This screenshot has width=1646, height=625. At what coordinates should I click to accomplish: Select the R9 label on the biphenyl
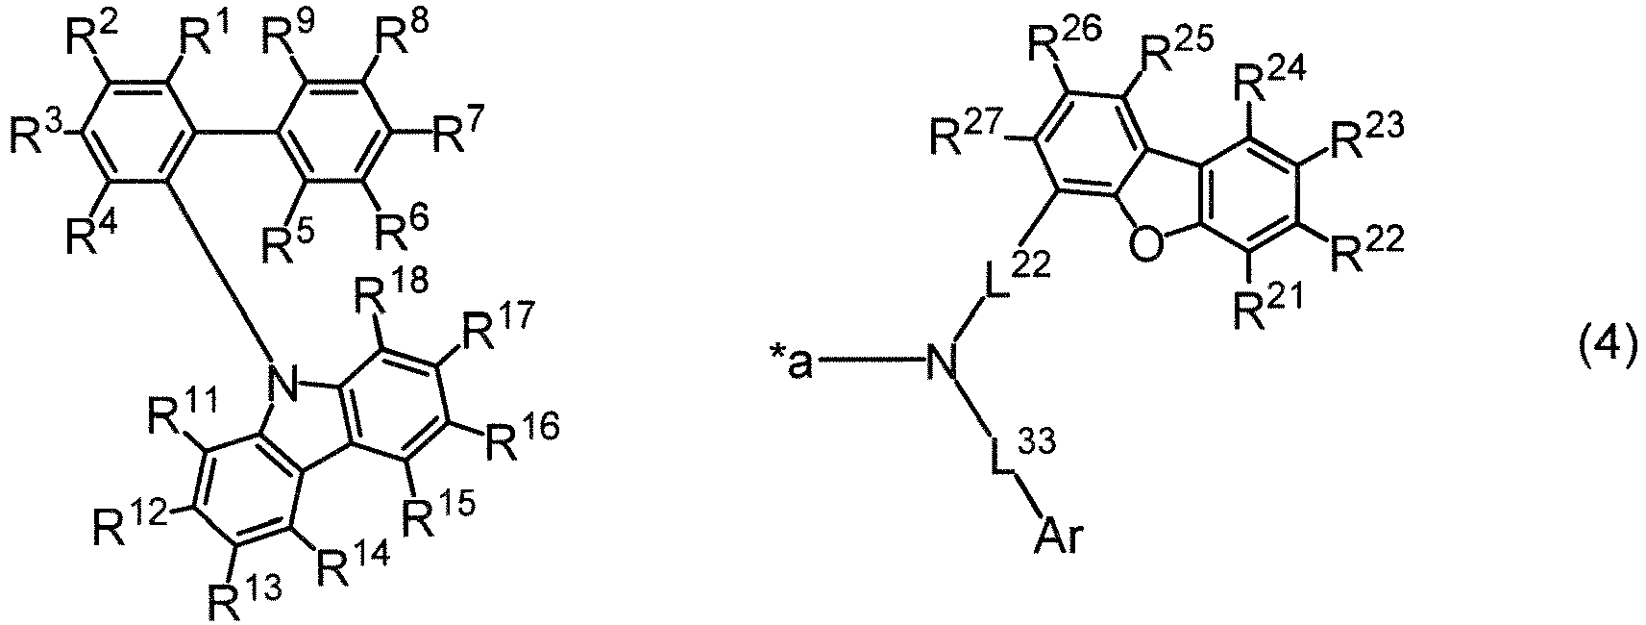click(x=287, y=39)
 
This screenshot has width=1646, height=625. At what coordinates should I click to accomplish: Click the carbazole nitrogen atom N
click(x=283, y=384)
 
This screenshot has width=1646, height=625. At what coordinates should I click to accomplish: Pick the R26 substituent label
click(x=1061, y=45)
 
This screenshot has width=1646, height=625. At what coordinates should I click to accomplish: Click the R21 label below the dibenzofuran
click(x=1267, y=310)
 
